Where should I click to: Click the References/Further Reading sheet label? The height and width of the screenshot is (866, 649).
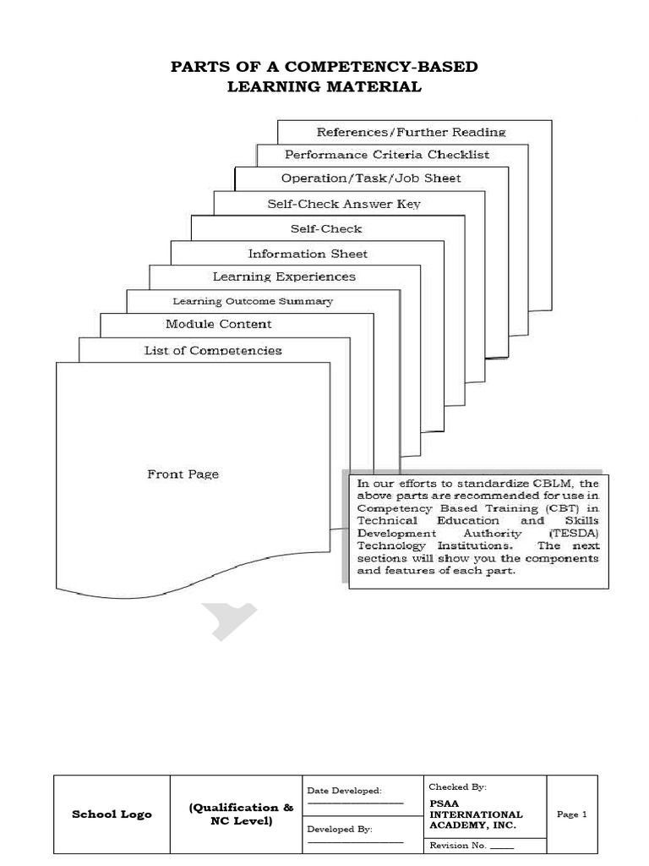[x=411, y=132]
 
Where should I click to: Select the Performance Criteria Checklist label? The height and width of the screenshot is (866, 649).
[x=387, y=155]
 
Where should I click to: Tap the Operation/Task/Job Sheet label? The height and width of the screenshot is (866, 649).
[x=371, y=178]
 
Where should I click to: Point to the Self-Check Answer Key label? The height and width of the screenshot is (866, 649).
[x=344, y=204]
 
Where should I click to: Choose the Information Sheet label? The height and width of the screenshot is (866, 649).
[x=308, y=254]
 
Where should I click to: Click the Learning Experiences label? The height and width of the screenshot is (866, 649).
[x=284, y=277]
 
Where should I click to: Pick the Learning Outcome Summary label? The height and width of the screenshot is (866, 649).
[x=253, y=301]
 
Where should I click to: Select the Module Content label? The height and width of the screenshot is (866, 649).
[x=219, y=324]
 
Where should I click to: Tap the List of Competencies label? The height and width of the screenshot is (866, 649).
[x=213, y=350]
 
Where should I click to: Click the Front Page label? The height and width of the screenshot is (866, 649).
[x=183, y=474]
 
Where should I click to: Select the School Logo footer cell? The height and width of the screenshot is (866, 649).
[x=112, y=814]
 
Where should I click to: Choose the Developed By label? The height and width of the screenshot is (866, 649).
[x=339, y=830]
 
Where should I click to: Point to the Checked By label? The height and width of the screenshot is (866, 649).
[x=457, y=787]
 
